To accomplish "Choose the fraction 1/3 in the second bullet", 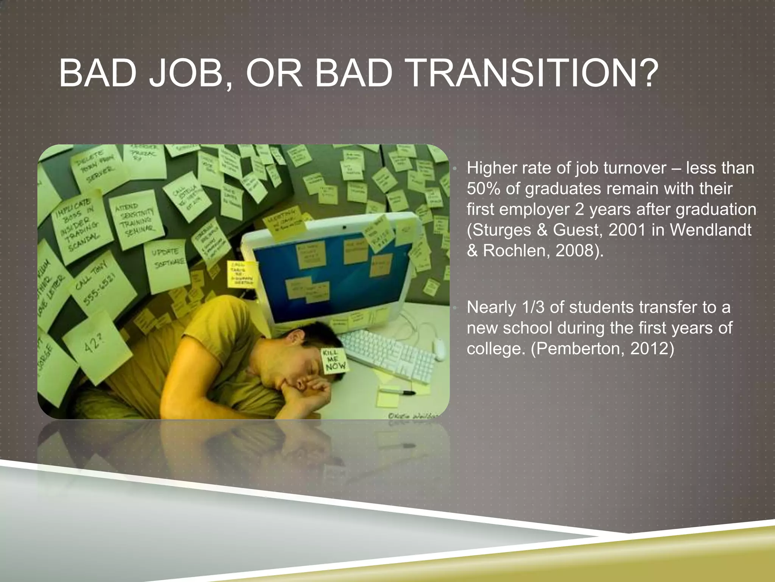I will (532, 307).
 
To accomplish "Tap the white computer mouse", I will (439, 349).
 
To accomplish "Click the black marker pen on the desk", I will (397, 391).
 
